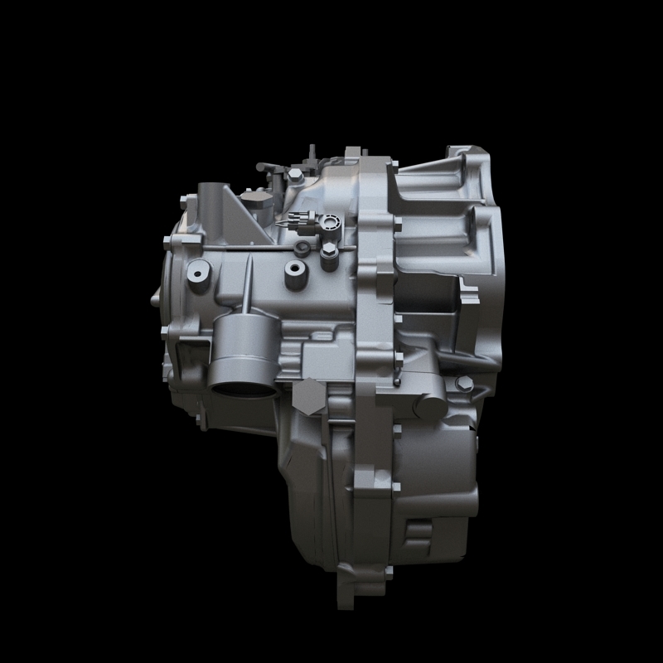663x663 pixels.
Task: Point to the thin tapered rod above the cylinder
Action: pyautogui.click(x=248, y=282)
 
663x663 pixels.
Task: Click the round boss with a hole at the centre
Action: pyautogui.click(x=293, y=270)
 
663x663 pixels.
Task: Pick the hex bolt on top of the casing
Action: pyautogui.click(x=295, y=176)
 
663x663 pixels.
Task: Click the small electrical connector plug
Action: pyautogui.click(x=301, y=223)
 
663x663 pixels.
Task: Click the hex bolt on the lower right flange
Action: pyautogui.click(x=464, y=383)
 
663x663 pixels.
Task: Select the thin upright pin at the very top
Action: pyautogui.click(x=308, y=156)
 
